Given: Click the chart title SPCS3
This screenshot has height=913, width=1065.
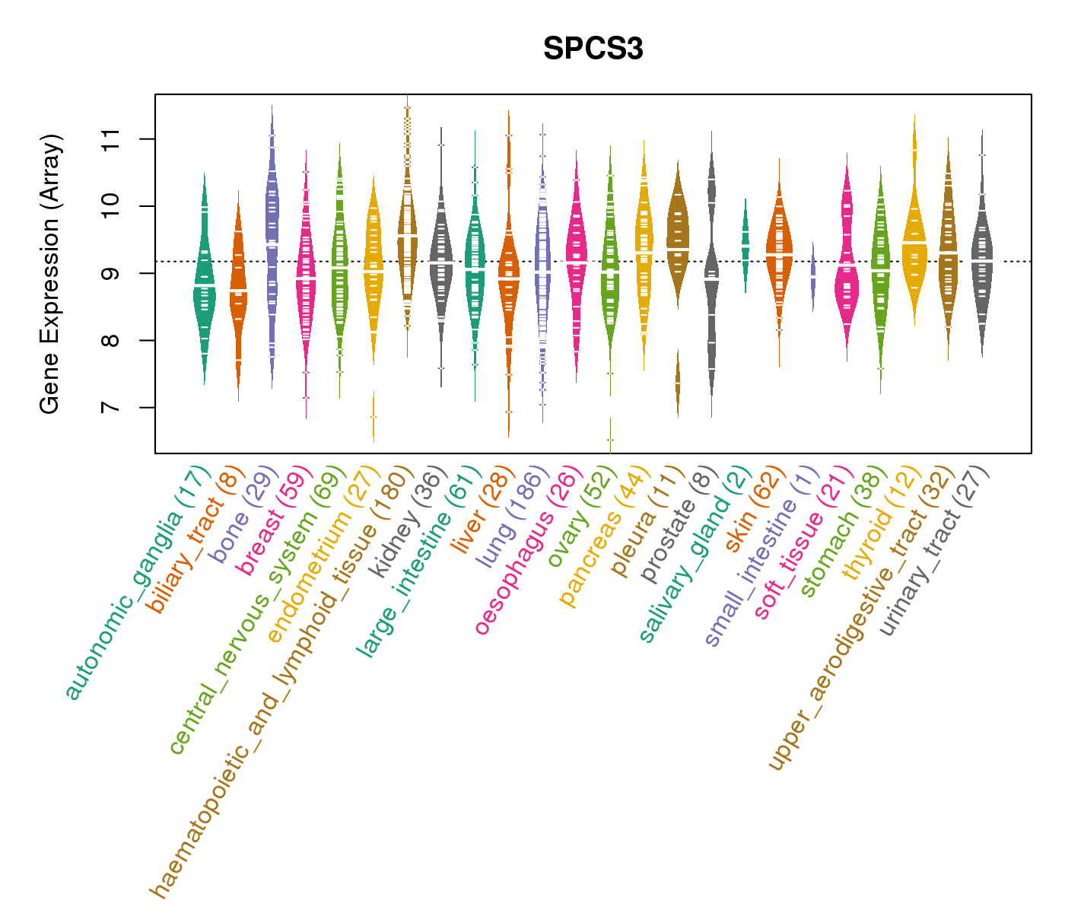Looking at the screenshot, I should coord(593,49).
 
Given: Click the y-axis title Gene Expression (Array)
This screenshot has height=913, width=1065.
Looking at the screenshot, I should coord(50,274).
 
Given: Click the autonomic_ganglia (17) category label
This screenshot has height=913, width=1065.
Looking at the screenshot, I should coord(135,582).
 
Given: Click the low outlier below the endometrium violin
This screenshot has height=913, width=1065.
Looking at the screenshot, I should coord(374,417).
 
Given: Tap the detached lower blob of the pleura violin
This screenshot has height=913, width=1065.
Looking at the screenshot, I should coord(678,384).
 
